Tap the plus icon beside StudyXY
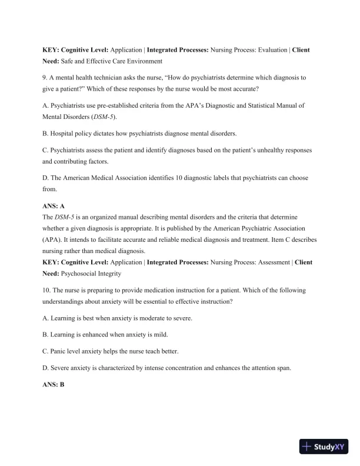307,447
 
